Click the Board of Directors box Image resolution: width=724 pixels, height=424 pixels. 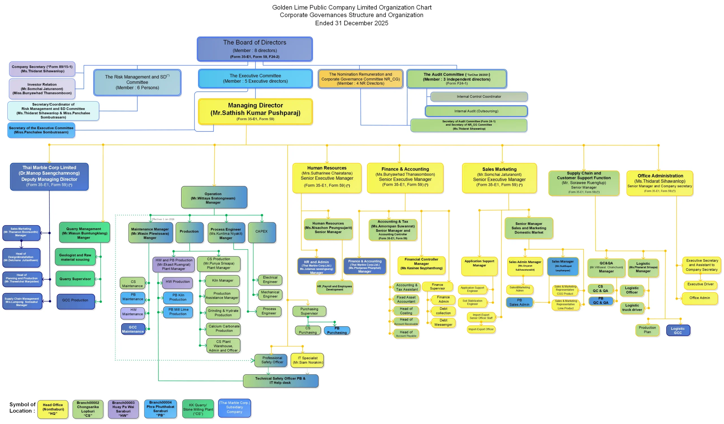click(x=255, y=49)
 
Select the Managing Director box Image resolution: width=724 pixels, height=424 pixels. click(x=255, y=112)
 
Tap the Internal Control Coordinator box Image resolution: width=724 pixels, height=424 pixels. click(x=479, y=97)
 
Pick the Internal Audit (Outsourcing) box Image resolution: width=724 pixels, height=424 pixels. click(x=476, y=111)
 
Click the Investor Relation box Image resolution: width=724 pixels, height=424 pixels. click(x=42, y=89)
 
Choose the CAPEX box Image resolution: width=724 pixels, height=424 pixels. click(x=261, y=232)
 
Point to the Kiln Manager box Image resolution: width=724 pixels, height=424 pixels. click(x=223, y=280)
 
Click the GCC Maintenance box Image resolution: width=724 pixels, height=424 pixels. click(x=133, y=329)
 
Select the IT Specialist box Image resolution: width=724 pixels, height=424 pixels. click(x=307, y=360)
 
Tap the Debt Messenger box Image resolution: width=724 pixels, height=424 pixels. click(x=443, y=322)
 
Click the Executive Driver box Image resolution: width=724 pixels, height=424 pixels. click(x=700, y=284)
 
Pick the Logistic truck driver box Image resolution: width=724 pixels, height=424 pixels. click(x=632, y=308)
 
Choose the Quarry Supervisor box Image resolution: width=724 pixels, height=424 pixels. click(x=75, y=279)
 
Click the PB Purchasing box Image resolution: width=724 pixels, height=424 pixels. click(x=337, y=331)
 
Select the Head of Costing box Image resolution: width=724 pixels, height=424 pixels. click(x=406, y=311)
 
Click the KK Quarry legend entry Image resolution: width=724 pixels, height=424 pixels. click(x=198, y=409)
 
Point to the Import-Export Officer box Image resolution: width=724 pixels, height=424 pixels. click(x=481, y=329)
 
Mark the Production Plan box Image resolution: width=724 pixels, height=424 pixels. click(x=647, y=330)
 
